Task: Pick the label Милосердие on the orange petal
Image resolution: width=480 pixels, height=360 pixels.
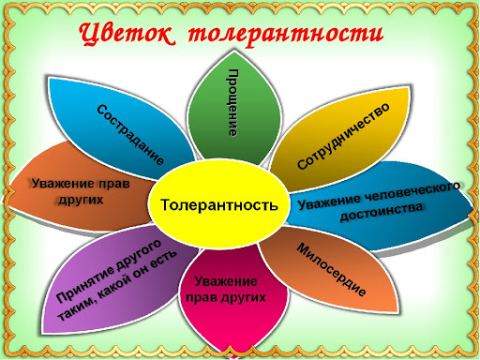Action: (x=330, y=269)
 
